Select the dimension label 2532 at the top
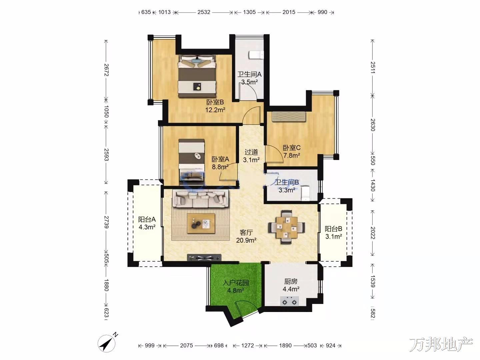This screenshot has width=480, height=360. [x=204, y=12]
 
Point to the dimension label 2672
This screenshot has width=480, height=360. [x=106, y=70]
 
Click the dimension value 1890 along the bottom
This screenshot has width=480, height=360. [x=285, y=345]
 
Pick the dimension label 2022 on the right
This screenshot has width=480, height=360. [x=373, y=233]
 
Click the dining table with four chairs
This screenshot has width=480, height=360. [x=286, y=227]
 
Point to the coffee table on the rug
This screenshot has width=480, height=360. [x=201, y=224]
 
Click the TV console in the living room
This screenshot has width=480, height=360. [x=204, y=257]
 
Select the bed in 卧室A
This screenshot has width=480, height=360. [x=192, y=162]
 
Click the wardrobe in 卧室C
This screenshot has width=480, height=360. [x=289, y=116]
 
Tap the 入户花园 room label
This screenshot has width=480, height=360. [x=236, y=283]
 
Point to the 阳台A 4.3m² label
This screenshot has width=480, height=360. [x=147, y=223]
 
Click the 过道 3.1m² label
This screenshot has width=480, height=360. [x=251, y=156]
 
